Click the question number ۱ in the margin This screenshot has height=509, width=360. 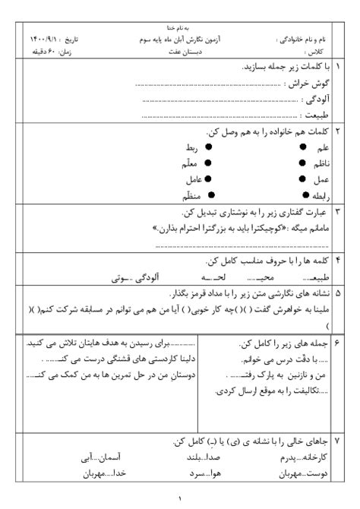(x=339, y=68)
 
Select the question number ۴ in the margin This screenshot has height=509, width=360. (x=339, y=260)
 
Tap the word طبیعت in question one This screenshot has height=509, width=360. (x=314, y=115)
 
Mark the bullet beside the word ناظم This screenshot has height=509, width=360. (x=303, y=163)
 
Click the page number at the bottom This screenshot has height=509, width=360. (x=180, y=498)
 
